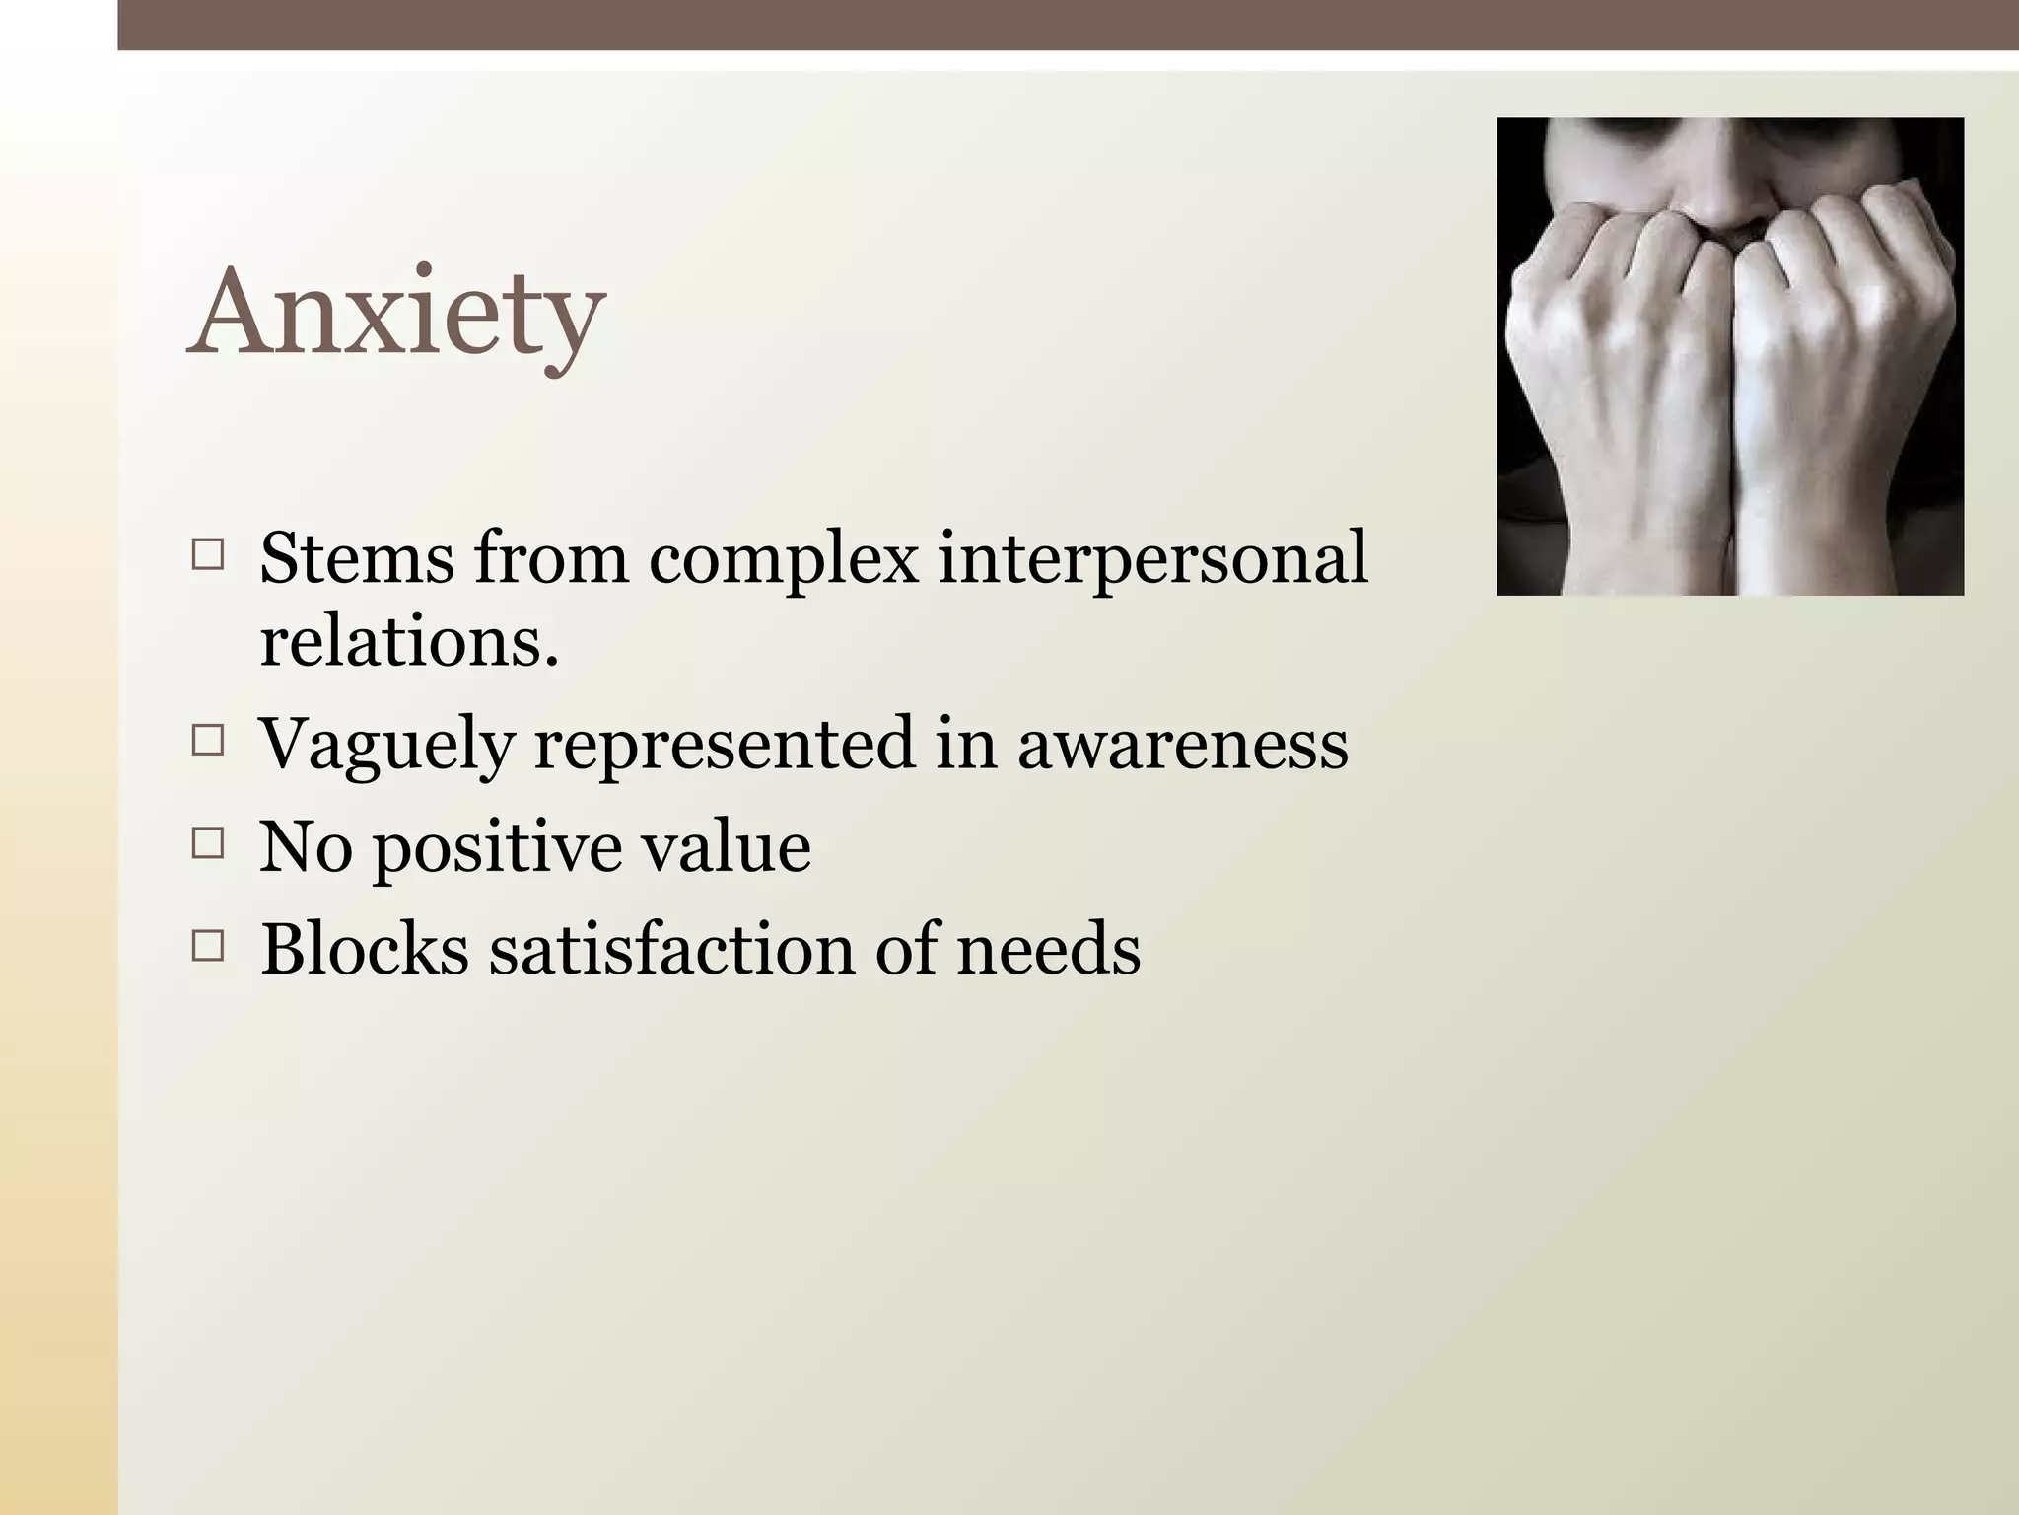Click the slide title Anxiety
tap(396, 313)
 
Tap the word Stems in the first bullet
tap(357, 557)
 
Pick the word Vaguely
tap(386, 747)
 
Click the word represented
tap(725, 747)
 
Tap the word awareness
tap(1182, 745)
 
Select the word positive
tap(498, 848)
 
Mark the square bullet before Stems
tap(209, 555)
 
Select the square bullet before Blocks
tap(209, 947)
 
